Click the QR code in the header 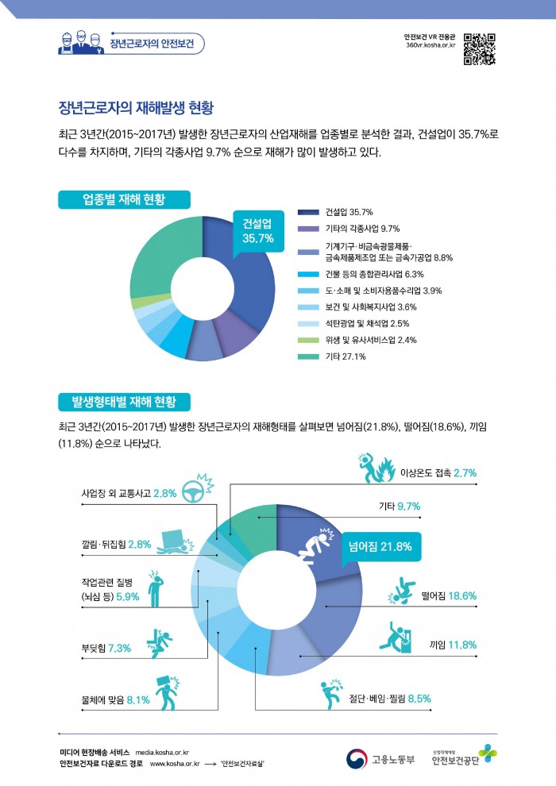(x=479, y=48)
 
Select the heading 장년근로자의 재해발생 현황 (x=136, y=106)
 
